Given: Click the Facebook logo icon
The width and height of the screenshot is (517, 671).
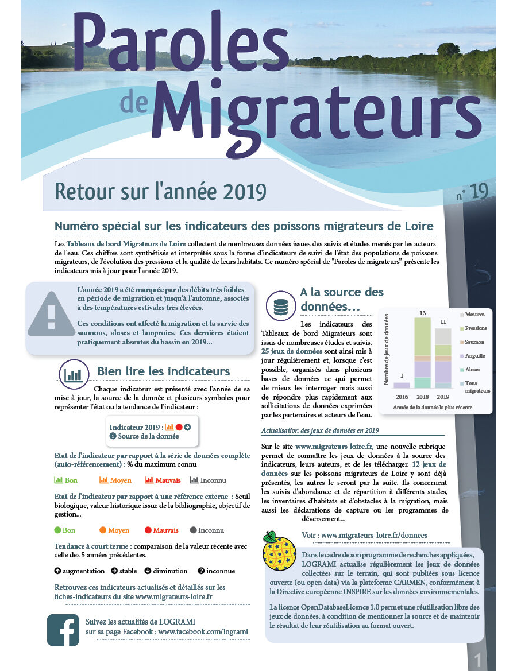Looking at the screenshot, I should (x=63, y=630).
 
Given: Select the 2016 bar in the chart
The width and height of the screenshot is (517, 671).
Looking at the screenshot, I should (x=402, y=385).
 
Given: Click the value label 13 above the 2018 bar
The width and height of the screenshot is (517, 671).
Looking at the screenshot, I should (x=422, y=313).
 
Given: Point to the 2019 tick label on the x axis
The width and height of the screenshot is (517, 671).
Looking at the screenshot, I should (x=442, y=397).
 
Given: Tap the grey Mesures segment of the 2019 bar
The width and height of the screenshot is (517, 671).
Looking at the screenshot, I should (x=442, y=336).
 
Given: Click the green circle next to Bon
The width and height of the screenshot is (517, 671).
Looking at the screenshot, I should (x=57, y=530).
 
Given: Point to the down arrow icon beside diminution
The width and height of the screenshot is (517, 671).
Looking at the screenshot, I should (x=148, y=571).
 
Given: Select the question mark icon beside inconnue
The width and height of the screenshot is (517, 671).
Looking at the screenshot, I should (x=201, y=571).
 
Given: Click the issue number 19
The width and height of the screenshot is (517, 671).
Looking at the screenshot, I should (x=479, y=192).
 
